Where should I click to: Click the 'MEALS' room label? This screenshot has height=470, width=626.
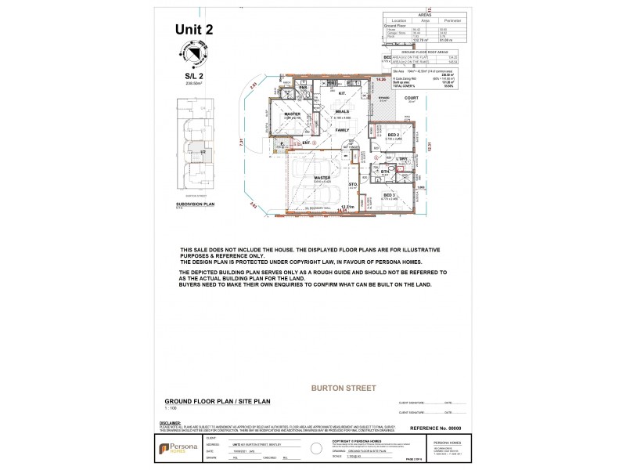(x=342, y=111)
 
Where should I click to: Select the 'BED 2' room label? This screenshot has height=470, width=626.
(x=393, y=135)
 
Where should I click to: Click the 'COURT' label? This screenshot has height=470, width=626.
(x=412, y=98)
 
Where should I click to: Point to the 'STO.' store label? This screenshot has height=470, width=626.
(x=353, y=185)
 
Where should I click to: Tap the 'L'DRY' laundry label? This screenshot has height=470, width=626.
(x=402, y=158)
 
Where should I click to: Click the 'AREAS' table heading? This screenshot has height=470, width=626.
(x=425, y=13)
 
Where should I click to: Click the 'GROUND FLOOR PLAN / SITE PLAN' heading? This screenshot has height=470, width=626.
(x=217, y=400)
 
